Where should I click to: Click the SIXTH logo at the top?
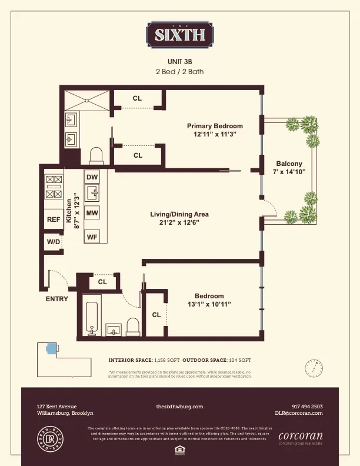[x=179, y=34]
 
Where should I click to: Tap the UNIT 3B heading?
[x=180, y=61]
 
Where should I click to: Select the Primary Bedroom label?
[x=215, y=126]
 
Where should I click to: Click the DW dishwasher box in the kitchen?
[x=92, y=177]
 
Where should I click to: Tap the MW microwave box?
[x=92, y=213]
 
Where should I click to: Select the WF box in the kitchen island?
[x=92, y=237]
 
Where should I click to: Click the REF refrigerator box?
[x=54, y=219]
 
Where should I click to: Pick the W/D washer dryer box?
[x=53, y=242]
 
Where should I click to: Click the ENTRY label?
[x=57, y=299]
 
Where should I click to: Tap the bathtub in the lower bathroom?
[x=91, y=318]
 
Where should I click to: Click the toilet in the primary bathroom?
[x=96, y=155]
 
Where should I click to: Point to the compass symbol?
[x=314, y=368]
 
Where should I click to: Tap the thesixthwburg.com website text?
[x=179, y=407]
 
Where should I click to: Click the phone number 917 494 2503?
[x=306, y=407]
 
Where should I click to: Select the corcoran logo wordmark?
[x=300, y=437]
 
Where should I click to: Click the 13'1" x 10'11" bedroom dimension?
[x=209, y=304]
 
